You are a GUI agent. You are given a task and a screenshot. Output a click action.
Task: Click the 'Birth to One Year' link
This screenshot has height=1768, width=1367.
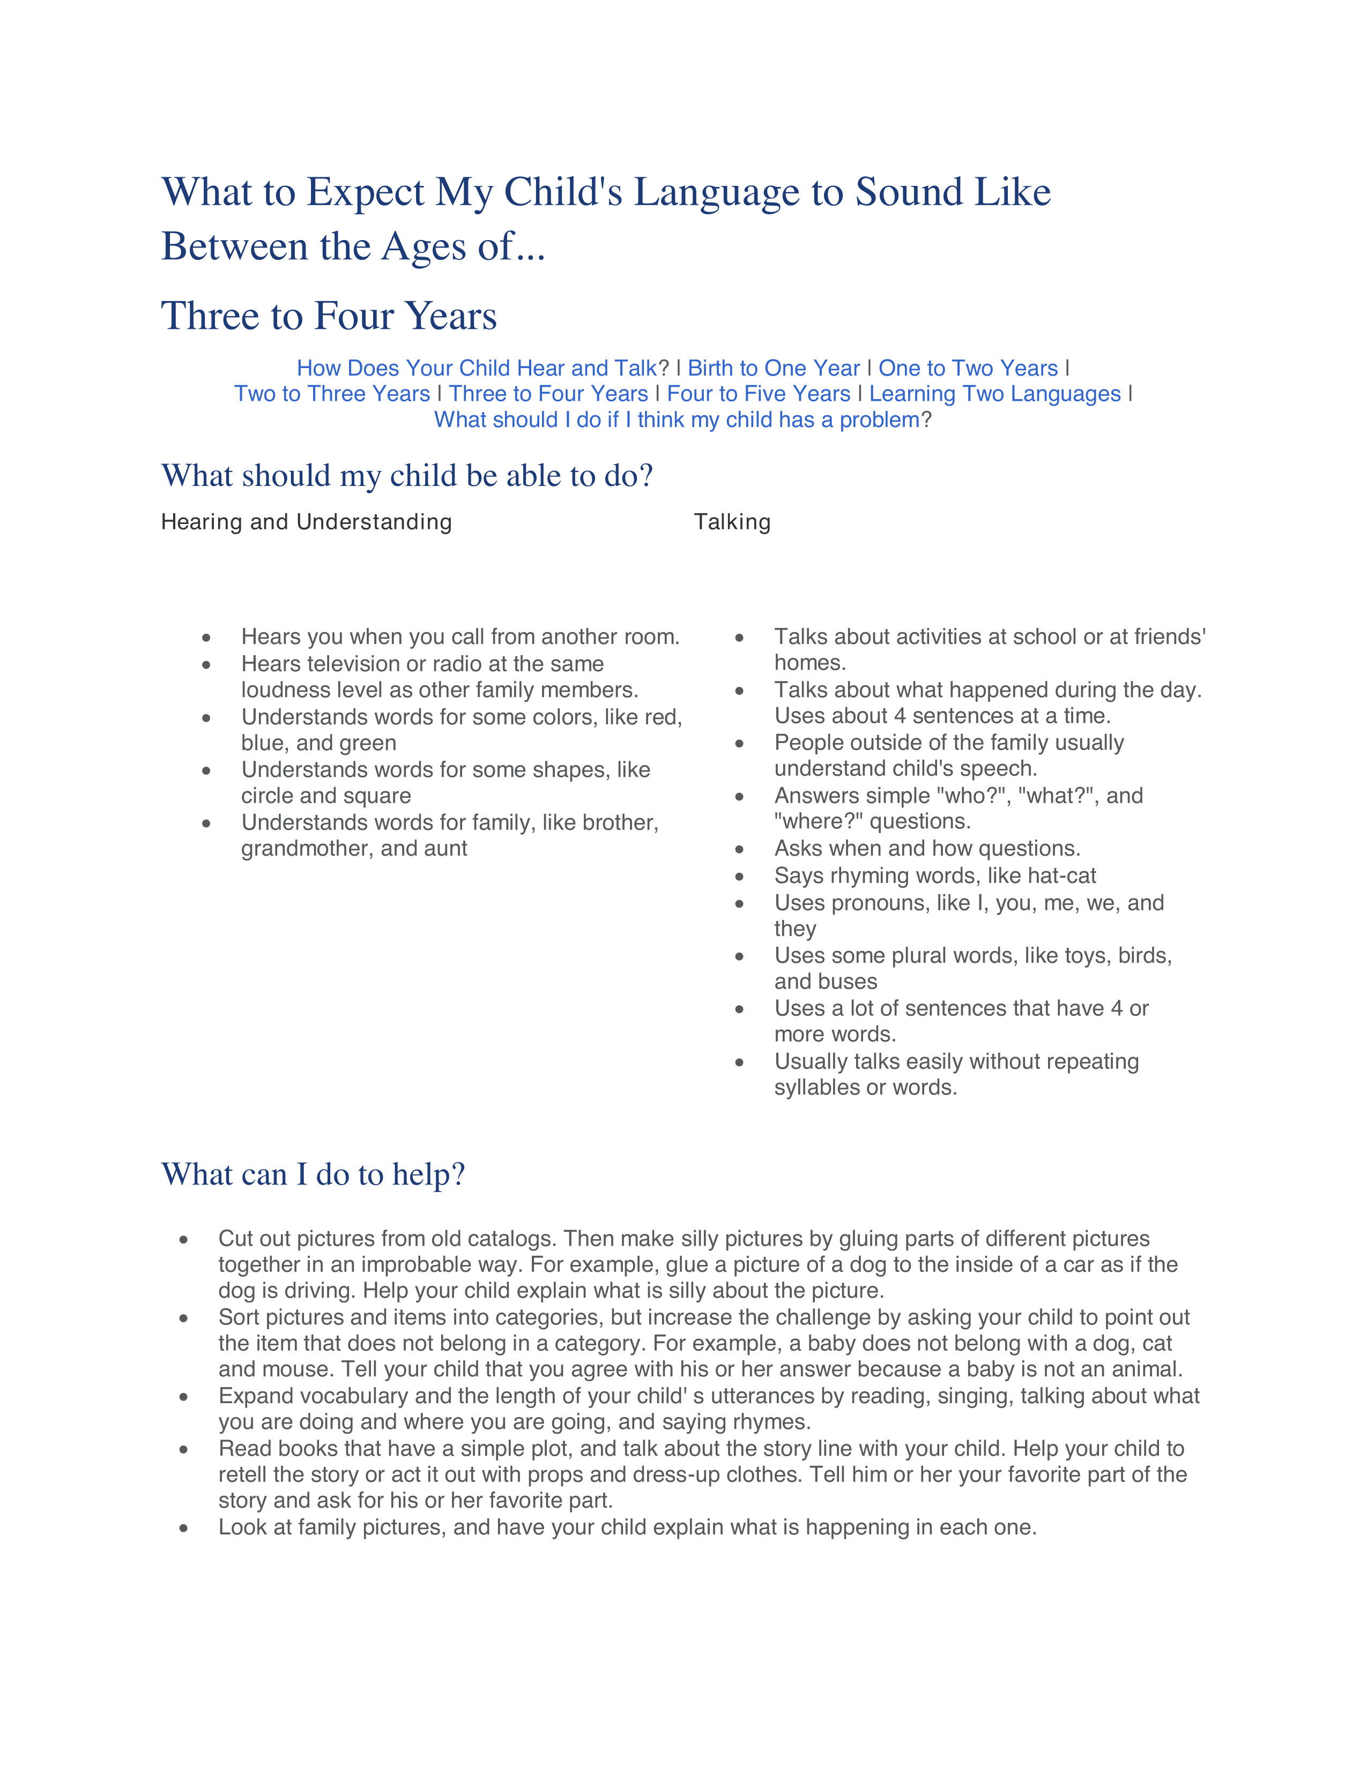(774, 369)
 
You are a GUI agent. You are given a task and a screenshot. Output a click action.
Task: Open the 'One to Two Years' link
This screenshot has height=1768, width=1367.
(968, 369)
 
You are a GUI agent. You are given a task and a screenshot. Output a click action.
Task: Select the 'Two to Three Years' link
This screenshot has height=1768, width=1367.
(332, 394)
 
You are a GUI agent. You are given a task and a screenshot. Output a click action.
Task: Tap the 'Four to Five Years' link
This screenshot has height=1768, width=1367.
(758, 394)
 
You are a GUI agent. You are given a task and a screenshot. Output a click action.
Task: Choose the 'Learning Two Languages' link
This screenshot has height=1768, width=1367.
(994, 394)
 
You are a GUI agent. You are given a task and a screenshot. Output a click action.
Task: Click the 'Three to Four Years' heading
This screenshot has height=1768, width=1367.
(329, 316)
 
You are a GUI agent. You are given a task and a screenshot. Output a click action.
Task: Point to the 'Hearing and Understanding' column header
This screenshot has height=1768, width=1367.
(306, 522)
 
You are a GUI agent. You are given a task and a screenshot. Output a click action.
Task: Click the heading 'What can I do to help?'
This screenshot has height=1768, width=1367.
(314, 1174)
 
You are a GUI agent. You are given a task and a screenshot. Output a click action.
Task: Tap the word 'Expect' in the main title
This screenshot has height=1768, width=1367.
(365, 193)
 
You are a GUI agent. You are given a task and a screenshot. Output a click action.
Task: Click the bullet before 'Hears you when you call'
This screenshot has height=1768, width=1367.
(206, 639)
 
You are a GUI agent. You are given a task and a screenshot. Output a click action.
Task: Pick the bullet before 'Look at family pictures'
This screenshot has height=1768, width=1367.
(184, 1529)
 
